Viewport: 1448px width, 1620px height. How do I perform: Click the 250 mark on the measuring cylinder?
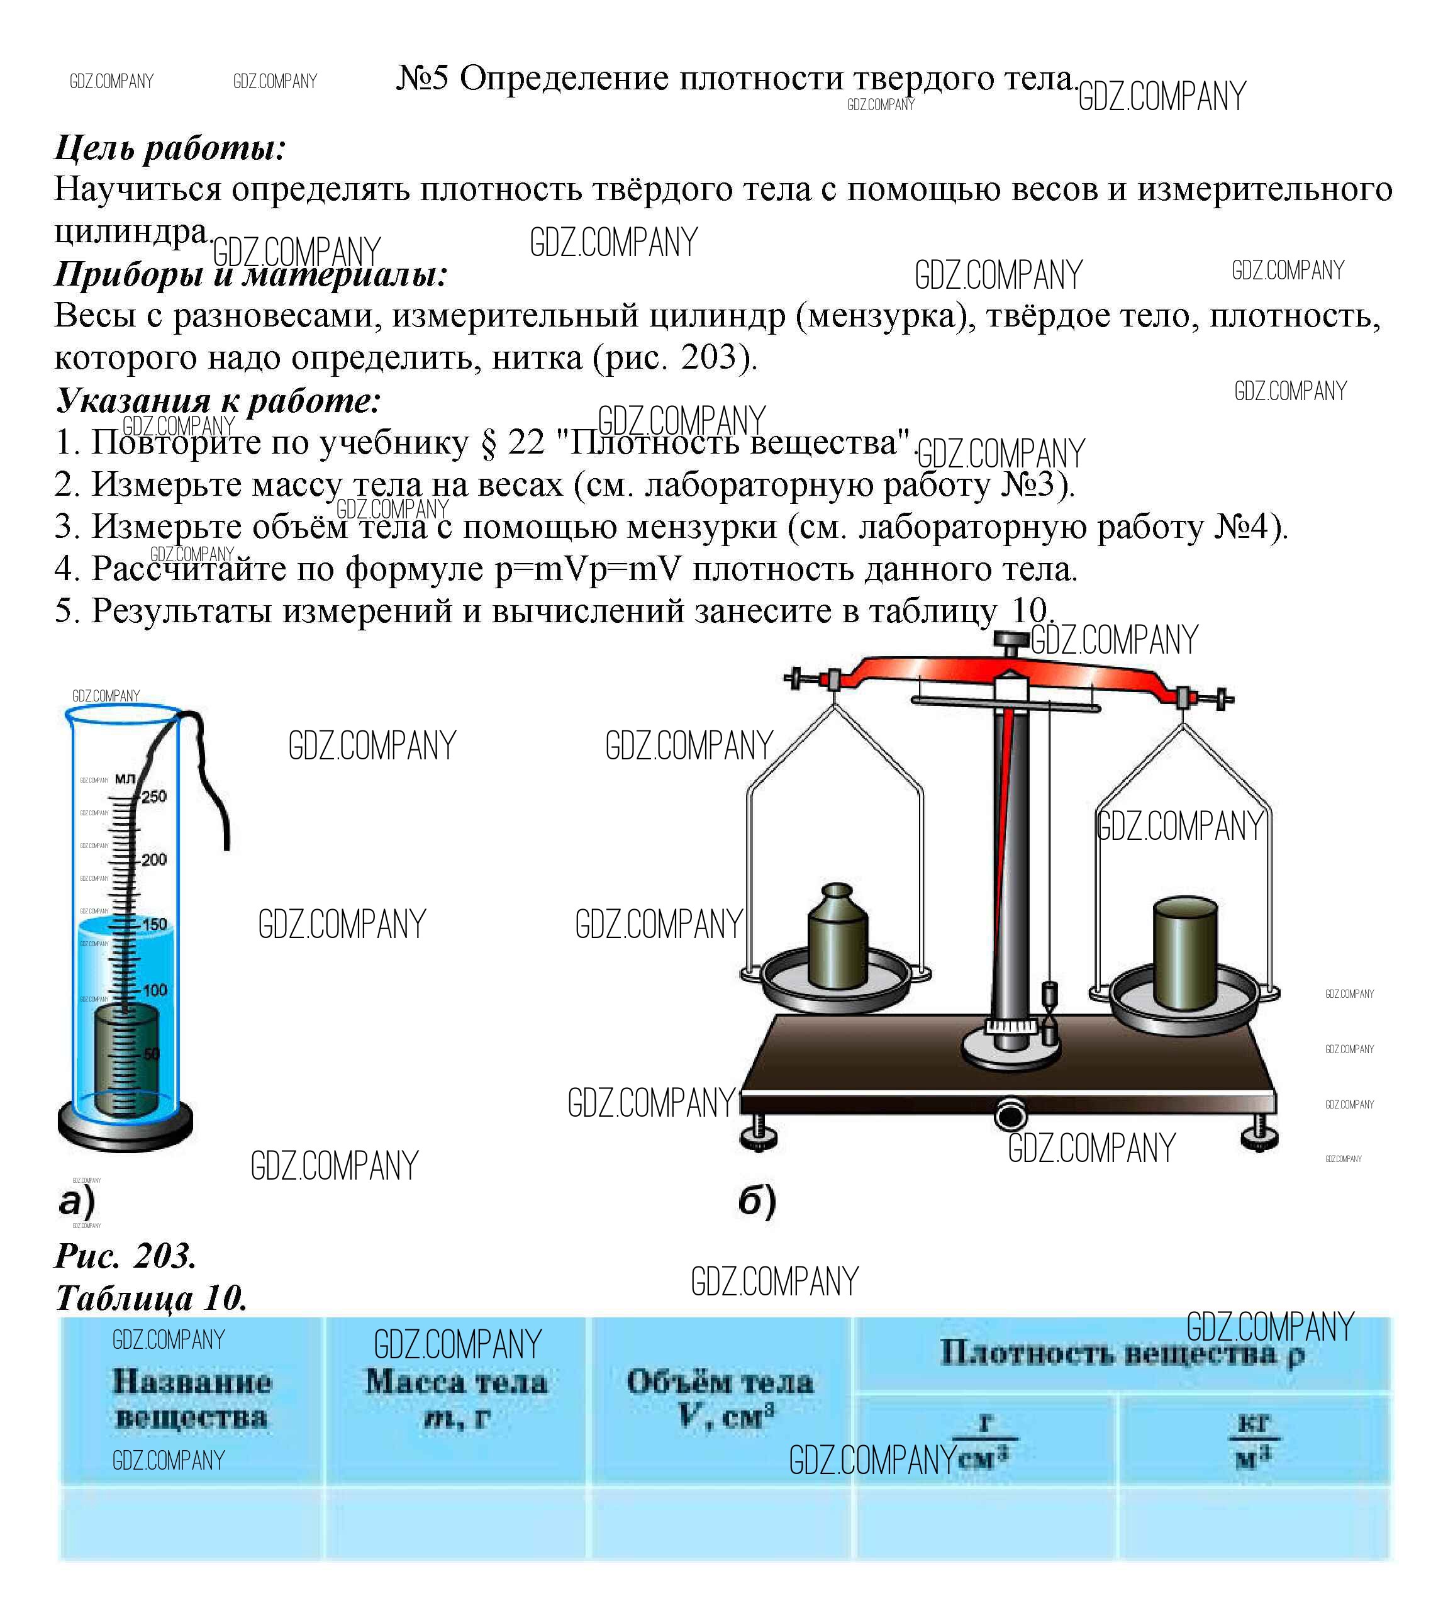[153, 796]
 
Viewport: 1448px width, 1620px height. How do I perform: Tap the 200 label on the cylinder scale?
[153, 860]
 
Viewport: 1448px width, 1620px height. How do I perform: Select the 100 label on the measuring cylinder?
[153, 990]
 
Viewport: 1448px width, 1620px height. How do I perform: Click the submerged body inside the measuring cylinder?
[126, 1058]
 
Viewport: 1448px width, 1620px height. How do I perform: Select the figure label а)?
[77, 1202]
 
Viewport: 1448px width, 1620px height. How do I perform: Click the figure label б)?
[757, 1202]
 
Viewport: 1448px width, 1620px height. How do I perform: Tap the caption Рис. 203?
[125, 1256]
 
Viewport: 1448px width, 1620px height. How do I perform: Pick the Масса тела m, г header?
[456, 1399]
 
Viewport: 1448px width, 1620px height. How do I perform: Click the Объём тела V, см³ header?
[720, 1398]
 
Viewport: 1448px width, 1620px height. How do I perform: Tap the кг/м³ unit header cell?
[1253, 1441]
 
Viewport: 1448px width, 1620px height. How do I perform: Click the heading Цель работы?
[169, 148]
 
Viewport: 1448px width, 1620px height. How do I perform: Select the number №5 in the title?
[423, 78]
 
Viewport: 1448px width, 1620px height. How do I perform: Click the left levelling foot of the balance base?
[757, 1138]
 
